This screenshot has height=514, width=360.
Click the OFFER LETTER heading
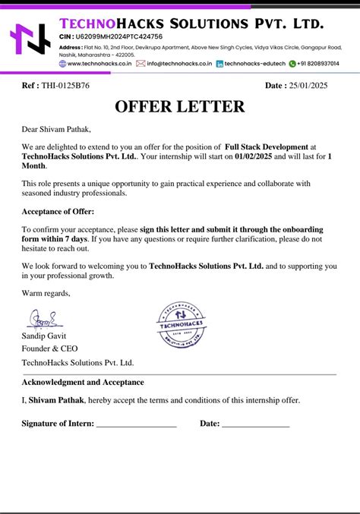180,106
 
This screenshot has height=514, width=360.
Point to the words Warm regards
46,293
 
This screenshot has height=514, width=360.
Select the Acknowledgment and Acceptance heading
83,382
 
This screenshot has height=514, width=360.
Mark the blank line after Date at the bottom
256,425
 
